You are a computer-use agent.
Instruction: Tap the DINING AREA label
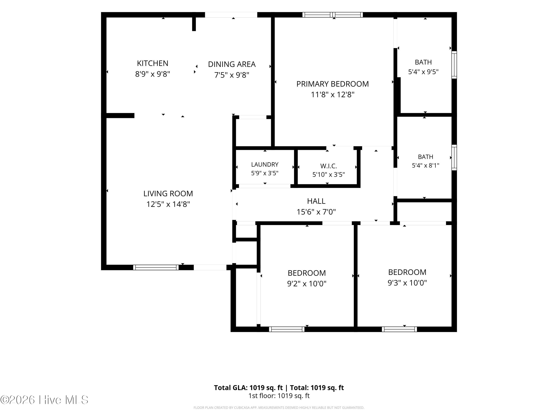(232, 64)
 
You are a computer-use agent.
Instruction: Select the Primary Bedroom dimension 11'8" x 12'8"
(333, 94)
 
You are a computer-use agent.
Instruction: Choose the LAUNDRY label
(265, 164)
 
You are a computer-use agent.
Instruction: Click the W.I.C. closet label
(328, 166)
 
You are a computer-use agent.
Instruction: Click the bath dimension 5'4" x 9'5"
(423, 72)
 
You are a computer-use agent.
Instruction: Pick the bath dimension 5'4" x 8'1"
(425, 165)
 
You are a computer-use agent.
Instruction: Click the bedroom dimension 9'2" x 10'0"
(307, 284)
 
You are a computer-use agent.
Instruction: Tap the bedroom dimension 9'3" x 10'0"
(407, 283)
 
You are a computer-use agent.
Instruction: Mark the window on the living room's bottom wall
(156, 267)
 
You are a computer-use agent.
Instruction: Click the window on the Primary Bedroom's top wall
(333, 15)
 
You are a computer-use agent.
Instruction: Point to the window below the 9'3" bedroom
(399, 329)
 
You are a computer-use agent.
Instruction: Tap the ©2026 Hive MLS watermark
(44, 400)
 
